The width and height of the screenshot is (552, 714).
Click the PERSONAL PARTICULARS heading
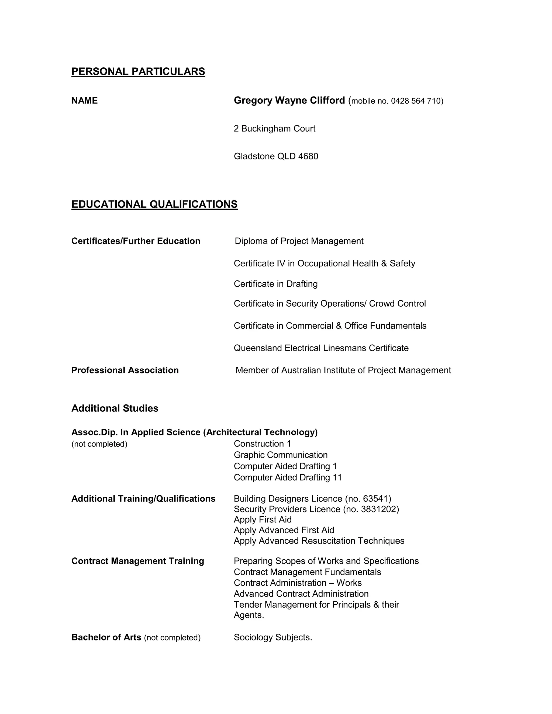(138, 71)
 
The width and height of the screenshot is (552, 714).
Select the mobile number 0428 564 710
(416, 101)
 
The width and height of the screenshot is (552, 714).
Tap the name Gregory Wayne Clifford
(289, 100)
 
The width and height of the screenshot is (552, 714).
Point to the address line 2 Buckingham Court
(274, 129)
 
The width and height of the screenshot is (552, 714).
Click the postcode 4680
(308, 156)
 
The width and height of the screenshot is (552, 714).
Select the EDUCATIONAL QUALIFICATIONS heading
(154, 204)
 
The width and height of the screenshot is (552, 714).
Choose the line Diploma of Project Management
(299, 241)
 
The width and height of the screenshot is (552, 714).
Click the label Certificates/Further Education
(136, 241)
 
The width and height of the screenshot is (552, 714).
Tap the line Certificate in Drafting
(275, 284)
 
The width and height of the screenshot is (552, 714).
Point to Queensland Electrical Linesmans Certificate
(321, 348)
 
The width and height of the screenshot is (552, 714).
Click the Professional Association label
(125, 370)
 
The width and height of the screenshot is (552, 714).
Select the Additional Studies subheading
(115, 408)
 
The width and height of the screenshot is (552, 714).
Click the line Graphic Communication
(281, 455)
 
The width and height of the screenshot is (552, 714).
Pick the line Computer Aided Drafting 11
(287, 477)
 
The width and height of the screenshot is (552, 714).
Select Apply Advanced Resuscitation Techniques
(319, 541)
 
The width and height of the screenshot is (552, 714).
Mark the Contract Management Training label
(138, 561)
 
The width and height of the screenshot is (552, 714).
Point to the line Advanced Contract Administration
(301, 594)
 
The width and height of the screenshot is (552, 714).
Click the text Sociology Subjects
(273, 637)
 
